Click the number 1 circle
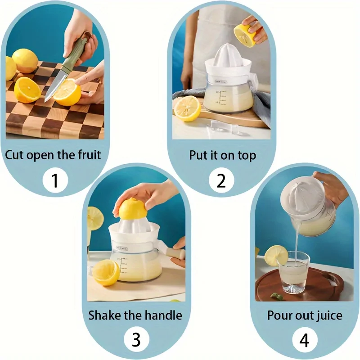[55, 180]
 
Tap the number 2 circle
[221, 180]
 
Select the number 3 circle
[136, 340]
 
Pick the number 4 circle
[304, 340]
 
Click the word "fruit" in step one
[85, 155]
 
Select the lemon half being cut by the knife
[67, 92]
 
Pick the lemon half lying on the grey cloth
[187, 108]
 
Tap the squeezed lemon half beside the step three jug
[106, 272]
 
